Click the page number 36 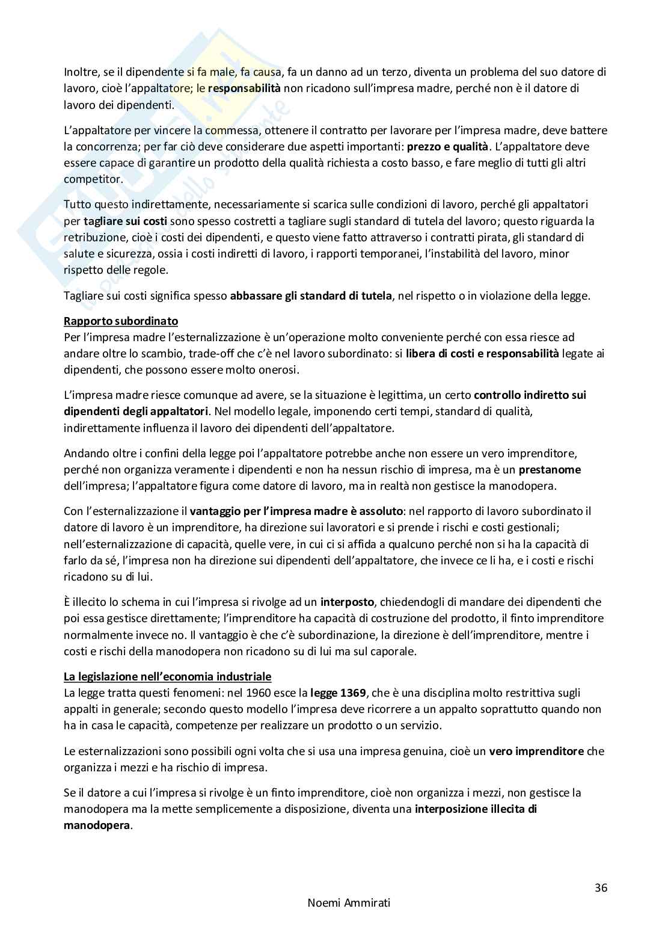click(601, 887)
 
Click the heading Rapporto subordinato click(121, 321)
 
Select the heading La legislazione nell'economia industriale click(168, 676)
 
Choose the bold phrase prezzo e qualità click(447, 146)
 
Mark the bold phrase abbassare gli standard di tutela click(311, 295)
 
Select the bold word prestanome click(550, 469)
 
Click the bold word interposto click(347, 602)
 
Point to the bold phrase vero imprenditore click(536, 751)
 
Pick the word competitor click(92, 179)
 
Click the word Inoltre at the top click(80, 72)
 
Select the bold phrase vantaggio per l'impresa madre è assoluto click(296, 511)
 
